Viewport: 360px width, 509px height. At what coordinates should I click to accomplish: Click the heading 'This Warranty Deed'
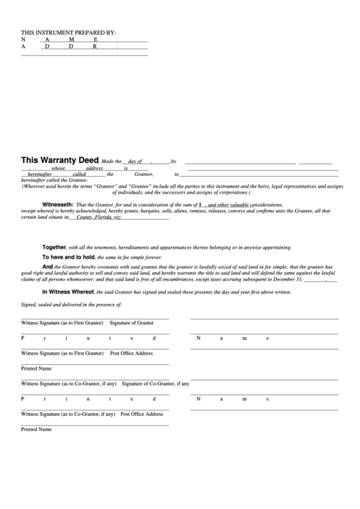point(60,161)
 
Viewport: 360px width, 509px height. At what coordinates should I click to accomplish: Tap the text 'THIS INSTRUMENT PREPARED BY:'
point(69,33)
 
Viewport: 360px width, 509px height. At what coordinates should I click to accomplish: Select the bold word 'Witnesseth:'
point(58,205)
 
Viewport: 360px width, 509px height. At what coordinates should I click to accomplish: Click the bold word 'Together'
point(54,247)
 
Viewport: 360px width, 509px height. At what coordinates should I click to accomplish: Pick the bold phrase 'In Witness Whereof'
point(69,292)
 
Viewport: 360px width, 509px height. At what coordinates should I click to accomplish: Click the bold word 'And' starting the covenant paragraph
point(48,268)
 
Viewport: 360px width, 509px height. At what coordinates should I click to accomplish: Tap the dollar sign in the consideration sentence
point(200,205)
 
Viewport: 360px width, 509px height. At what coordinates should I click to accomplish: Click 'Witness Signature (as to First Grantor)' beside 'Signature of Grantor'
point(62,323)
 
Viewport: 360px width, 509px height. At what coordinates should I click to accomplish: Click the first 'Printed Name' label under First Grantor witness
point(37,368)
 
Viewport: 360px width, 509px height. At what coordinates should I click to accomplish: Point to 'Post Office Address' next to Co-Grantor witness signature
point(142,414)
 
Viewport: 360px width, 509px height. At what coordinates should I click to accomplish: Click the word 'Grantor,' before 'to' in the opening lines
point(144,175)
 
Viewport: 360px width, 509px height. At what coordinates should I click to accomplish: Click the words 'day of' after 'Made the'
point(134,162)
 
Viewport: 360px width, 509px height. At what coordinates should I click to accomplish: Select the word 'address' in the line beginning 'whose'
point(94,168)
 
